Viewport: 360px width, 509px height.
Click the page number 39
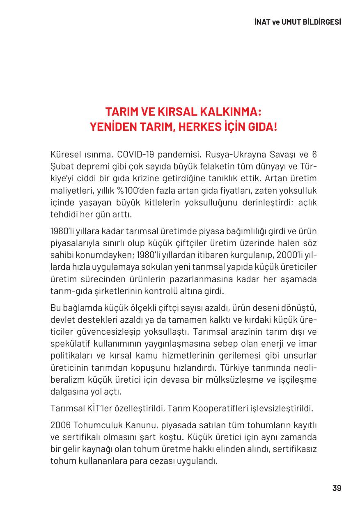337,488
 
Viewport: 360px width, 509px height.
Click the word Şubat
61,167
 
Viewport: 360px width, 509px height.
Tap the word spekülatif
68,343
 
